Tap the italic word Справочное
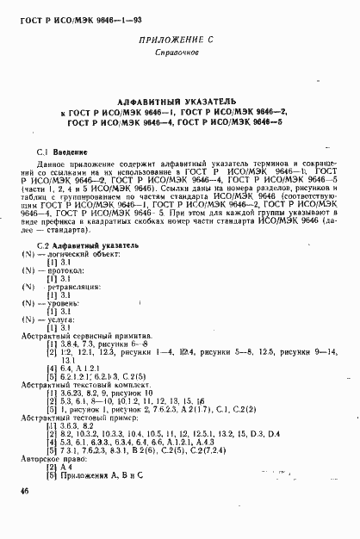tap(178, 54)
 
